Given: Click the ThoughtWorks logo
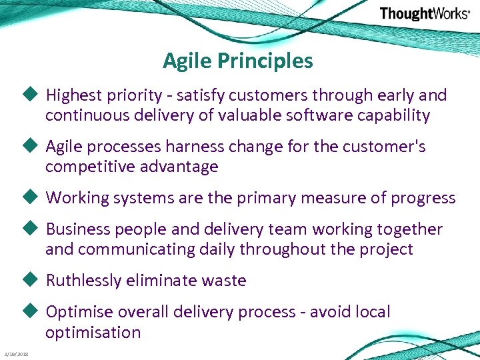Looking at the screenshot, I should point(424,14).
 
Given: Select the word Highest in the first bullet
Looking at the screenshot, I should point(71,95).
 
